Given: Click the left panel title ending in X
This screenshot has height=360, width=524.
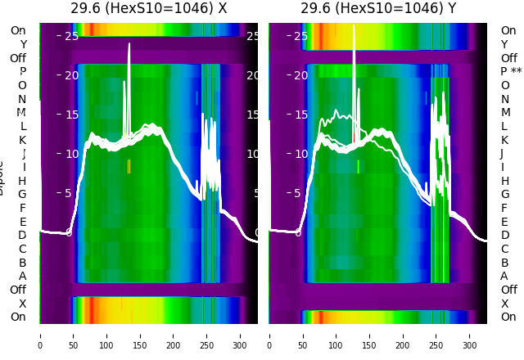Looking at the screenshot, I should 148,9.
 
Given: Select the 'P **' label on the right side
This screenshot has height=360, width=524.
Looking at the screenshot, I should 511,72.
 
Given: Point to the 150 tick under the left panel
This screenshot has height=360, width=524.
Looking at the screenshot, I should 140,335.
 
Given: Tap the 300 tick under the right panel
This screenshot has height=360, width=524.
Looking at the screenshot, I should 471,335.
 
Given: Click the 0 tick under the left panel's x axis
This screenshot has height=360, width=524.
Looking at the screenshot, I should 39,335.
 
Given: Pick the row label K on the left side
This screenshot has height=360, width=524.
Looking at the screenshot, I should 23,140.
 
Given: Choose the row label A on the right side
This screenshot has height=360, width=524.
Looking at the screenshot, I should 504,277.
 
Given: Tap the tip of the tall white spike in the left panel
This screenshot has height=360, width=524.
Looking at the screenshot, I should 129,44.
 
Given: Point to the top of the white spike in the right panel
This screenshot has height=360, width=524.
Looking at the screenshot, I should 354,26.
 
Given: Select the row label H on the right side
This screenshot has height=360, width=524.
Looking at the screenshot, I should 504,181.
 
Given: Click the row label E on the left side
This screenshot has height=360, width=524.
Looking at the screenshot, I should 23,222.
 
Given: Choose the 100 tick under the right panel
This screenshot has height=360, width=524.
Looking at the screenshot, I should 337,335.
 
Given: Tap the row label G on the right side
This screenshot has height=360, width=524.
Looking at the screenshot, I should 504,195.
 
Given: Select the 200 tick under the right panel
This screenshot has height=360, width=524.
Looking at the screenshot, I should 404,335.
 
